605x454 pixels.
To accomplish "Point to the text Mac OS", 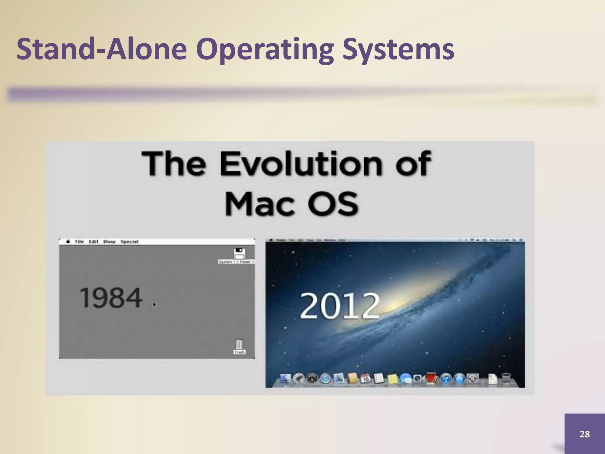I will (291, 204).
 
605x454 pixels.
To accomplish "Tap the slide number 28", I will (584, 434).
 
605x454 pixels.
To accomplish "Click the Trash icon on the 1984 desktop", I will (239, 345).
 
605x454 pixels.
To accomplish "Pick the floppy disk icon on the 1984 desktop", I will (239, 253).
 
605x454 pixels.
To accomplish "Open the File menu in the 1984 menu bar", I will (79, 241).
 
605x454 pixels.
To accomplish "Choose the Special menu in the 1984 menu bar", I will (129, 241).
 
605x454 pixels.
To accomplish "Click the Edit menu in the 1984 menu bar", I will (93, 241).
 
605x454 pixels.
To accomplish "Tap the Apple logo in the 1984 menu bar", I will (68, 241).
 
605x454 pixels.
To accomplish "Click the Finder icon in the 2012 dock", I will (285, 378).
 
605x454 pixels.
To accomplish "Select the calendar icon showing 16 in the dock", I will (366, 378).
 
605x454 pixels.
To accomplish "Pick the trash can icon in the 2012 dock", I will (506, 378).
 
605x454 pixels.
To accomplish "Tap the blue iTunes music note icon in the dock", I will (446, 378).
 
